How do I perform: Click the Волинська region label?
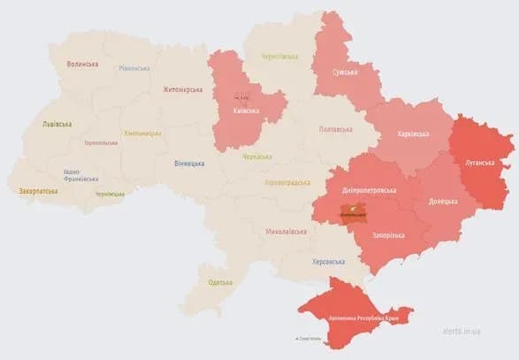[82, 65]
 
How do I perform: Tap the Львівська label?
[58, 125]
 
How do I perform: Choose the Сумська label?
[345, 72]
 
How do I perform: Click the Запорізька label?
[389, 235]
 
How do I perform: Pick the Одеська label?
[220, 282]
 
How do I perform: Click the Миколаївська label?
[286, 232]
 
